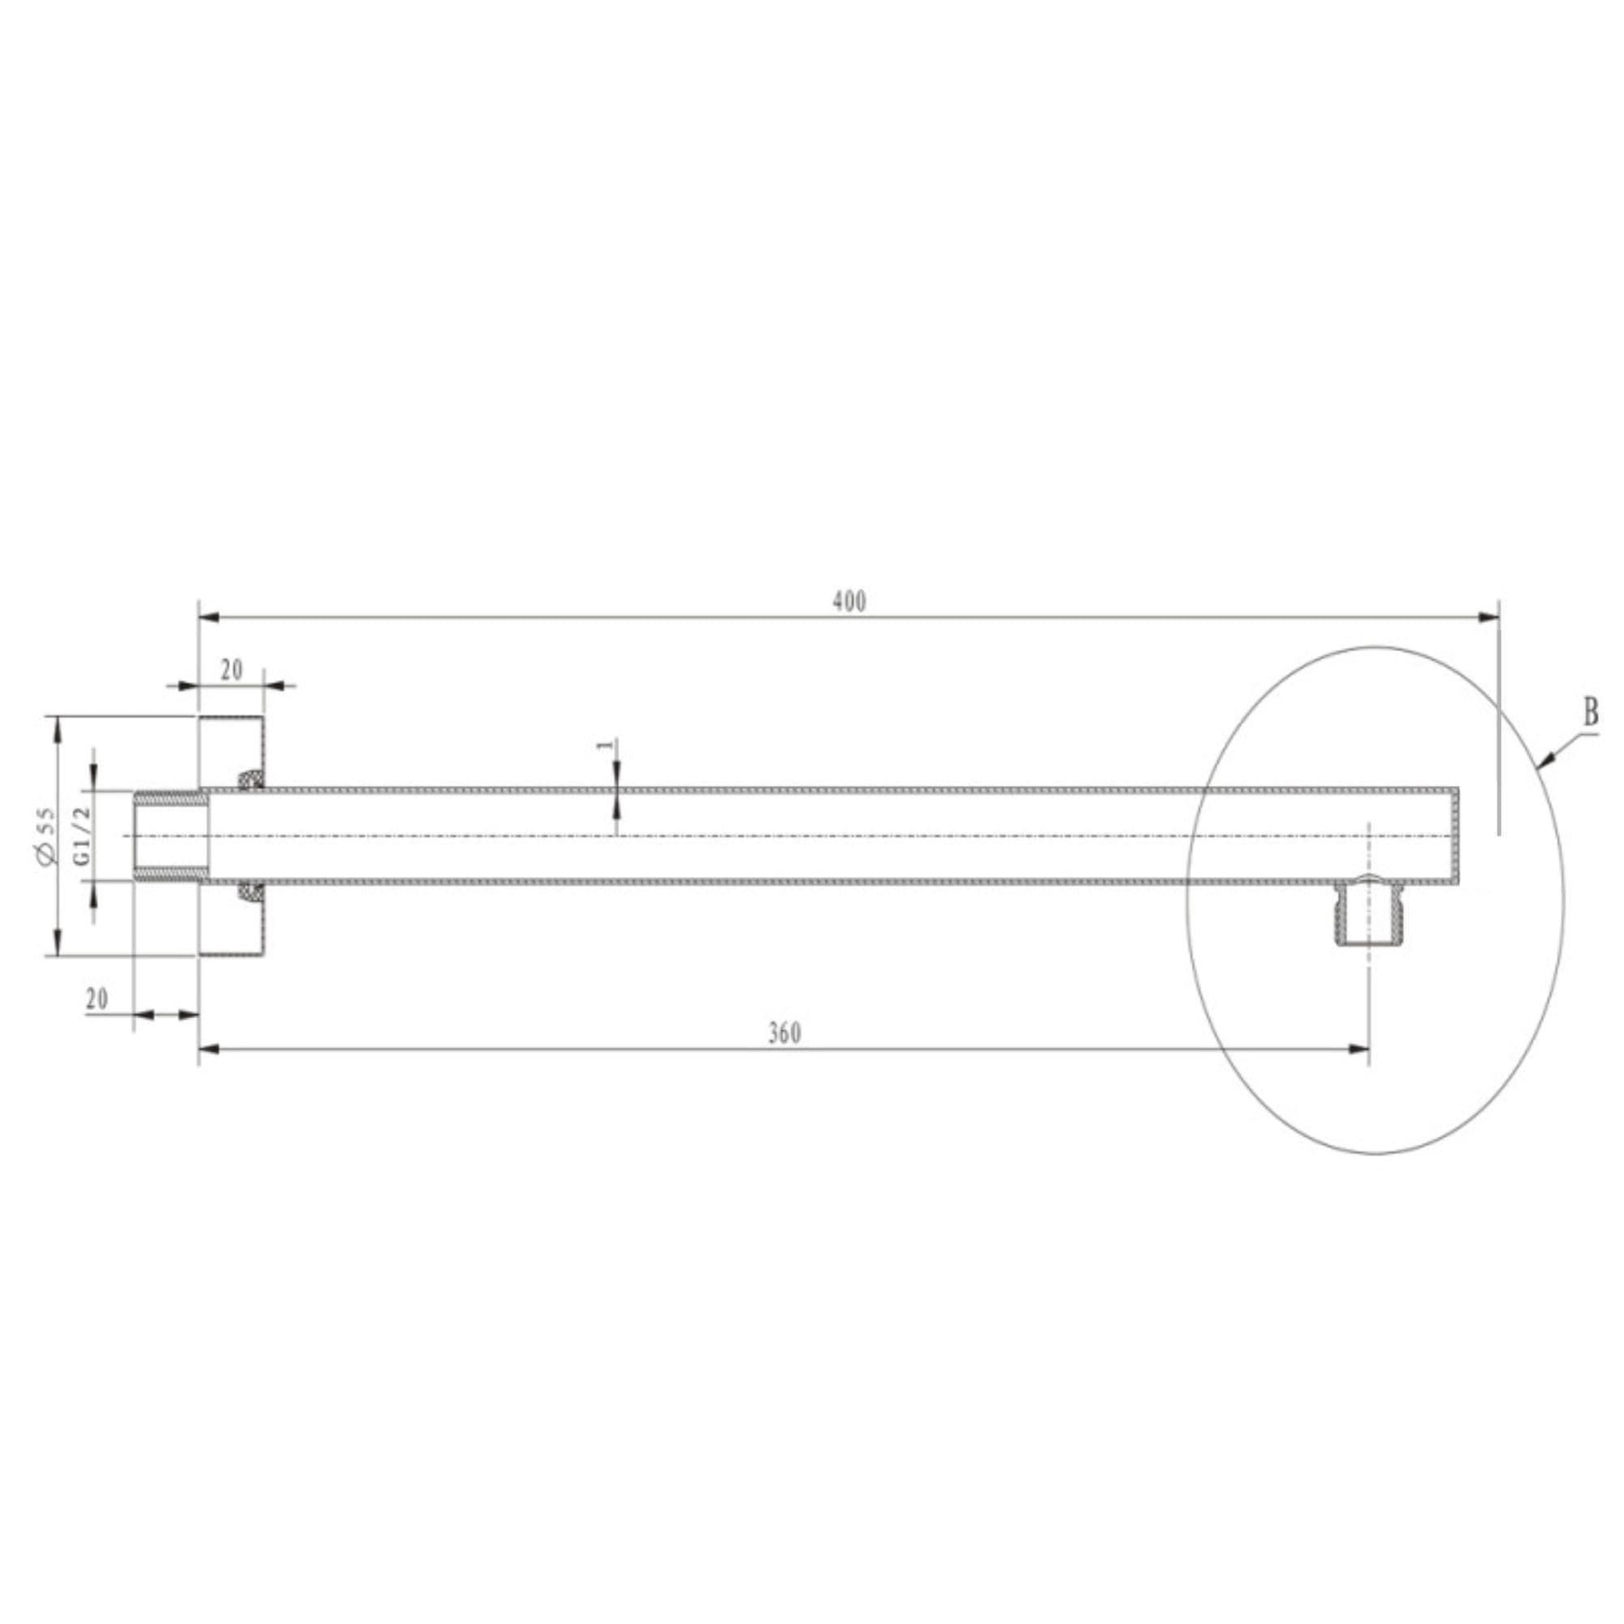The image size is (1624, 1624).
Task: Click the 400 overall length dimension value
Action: (x=849, y=602)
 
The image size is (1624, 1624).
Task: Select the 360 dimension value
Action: (x=784, y=1033)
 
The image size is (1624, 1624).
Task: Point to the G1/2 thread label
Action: (x=80, y=836)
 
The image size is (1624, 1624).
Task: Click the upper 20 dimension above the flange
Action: (x=231, y=670)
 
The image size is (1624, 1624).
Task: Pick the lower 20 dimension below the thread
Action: (x=97, y=999)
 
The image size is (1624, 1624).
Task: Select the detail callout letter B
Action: (x=1591, y=714)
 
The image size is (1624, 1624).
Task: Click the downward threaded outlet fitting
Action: (x=1367, y=911)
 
